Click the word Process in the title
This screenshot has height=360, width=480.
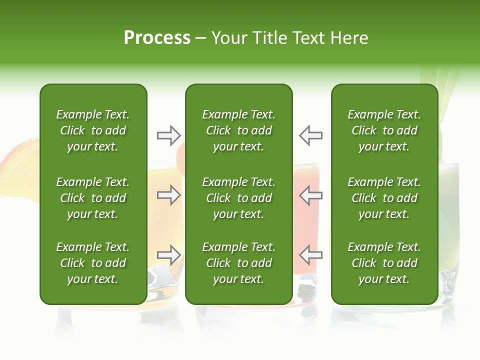[157, 38]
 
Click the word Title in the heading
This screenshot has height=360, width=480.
[267, 38]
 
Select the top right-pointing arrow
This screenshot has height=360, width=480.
[168, 135]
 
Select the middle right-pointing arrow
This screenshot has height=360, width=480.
[168, 195]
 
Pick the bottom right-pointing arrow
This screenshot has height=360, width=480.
[168, 255]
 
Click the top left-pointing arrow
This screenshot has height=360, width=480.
[311, 135]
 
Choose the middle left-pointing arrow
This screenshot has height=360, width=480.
[311, 195]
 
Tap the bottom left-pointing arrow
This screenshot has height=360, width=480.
[311, 255]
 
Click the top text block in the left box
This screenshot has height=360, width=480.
[93, 130]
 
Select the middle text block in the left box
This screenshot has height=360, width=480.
[93, 198]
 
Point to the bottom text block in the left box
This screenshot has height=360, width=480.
[93, 263]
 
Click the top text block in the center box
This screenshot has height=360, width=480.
[238, 130]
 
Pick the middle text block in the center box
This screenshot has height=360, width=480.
[238, 198]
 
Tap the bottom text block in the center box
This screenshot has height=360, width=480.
[238, 263]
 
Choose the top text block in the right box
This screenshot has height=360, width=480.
[384, 130]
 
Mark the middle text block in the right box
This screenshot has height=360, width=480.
[384, 198]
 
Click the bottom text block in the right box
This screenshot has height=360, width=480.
[384, 263]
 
